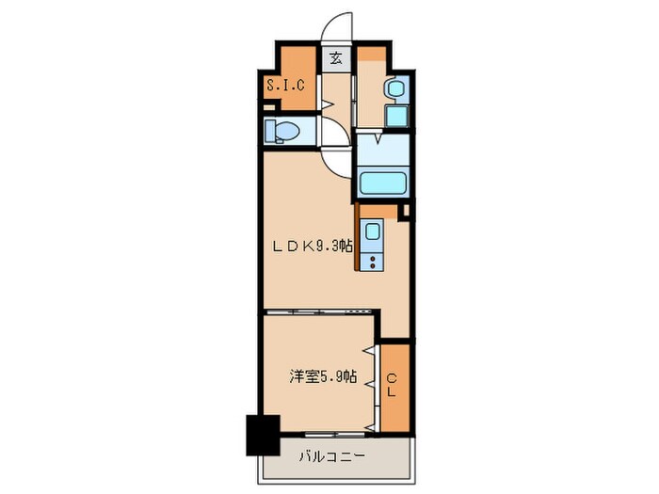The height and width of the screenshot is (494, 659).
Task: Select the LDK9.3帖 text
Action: [x=313, y=247]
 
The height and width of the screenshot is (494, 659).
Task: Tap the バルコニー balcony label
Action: [x=333, y=458]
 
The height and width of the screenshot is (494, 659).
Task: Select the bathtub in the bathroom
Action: [x=383, y=181]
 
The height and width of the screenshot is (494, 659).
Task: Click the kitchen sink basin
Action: [x=374, y=231]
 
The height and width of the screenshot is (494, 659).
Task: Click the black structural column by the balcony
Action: [x=263, y=434]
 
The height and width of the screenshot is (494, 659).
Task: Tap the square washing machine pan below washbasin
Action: [x=394, y=118]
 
